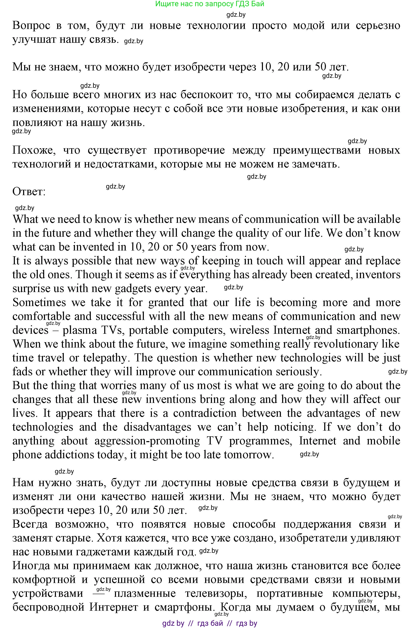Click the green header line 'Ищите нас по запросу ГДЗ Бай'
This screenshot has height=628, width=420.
(x=209, y=4)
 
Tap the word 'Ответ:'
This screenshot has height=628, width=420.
(x=29, y=192)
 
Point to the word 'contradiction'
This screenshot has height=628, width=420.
(x=205, y=413)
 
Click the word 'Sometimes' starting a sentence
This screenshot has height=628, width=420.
(x=39, y=302)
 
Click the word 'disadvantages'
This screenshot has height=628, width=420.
(x=157, y=427)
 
